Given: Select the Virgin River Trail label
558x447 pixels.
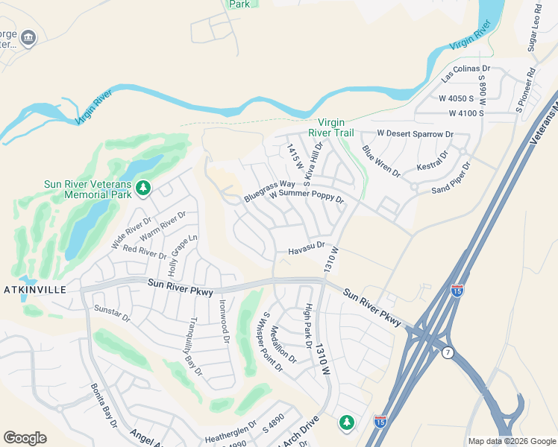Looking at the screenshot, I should [x=336, y=127].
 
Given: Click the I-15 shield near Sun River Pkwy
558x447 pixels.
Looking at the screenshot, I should [x=457, y=289].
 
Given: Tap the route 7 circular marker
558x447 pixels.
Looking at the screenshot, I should [x=447, y=352].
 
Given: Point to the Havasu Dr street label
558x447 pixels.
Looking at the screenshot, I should [x=307, y=248].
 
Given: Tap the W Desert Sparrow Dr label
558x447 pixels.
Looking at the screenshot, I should [x=415, y=133].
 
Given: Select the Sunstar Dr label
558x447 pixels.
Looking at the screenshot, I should [x=112, y=313].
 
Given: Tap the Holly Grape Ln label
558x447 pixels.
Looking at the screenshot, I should [x=183, y=253].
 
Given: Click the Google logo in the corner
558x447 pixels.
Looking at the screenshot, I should [x=25, y=437].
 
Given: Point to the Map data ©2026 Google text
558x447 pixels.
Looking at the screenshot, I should [x=511, y=441].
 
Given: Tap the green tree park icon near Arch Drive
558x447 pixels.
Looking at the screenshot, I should [x=346, y=422].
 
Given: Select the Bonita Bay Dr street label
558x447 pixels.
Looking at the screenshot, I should [x=104, y=405].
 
